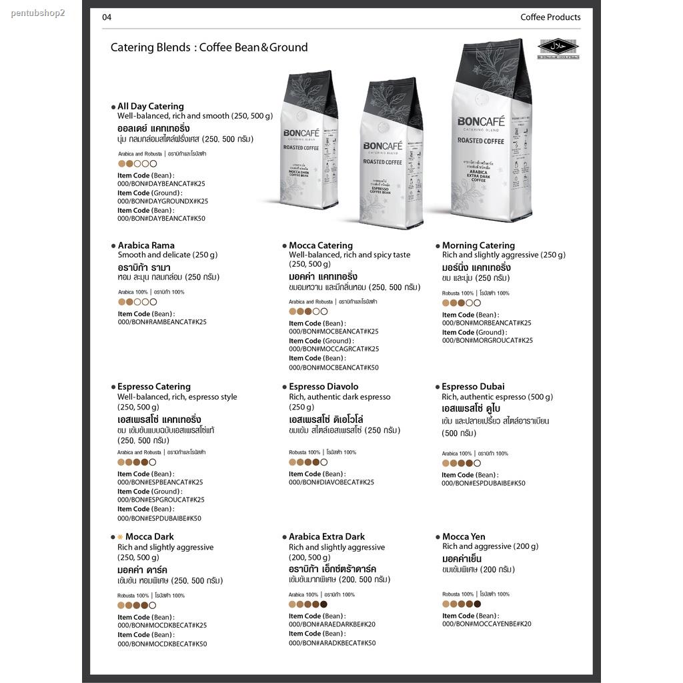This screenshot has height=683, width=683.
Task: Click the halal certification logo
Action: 558,47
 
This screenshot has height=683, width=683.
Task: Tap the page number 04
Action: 107,17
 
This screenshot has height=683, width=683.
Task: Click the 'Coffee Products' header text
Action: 550,17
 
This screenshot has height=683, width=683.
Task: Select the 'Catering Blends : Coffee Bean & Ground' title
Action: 209,47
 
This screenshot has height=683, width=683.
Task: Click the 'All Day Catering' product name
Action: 150,106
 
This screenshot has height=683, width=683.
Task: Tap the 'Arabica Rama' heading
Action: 146,245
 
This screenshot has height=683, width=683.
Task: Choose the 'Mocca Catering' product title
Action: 321,245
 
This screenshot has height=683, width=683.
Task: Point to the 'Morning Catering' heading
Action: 478,245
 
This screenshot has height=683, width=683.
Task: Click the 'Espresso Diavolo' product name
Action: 323,386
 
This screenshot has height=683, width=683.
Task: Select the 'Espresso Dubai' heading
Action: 473,386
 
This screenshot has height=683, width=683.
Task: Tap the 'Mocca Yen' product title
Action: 464,536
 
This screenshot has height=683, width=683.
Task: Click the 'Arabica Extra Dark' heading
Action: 327,536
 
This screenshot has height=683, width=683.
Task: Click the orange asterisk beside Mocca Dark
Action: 120,537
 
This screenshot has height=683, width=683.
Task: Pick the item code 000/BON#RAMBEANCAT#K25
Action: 162,321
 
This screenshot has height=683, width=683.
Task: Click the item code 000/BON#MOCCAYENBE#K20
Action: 486,624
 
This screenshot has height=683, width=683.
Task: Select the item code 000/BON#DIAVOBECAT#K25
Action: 331,482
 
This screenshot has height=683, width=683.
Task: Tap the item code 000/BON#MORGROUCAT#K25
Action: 487,340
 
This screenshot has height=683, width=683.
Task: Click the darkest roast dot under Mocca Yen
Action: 477,604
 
